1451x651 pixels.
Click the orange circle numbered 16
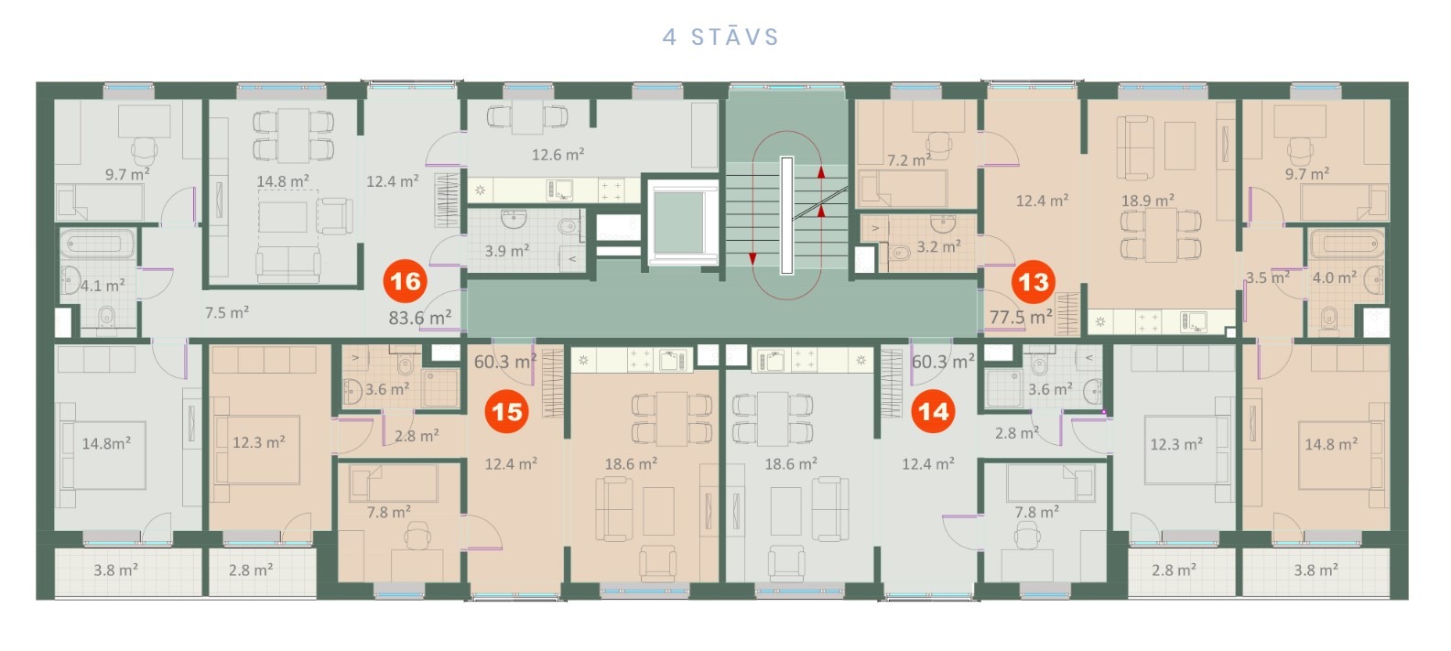tap(406, 282)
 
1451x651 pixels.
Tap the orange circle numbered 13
tap(1034, 282)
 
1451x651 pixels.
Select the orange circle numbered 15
tap(507, 412)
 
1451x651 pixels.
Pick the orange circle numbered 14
tap(934, 411)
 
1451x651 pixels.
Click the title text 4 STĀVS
tap(720, 37)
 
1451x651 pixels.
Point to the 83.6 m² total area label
tap(420, 318)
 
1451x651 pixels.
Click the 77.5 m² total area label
tap(1021, 317)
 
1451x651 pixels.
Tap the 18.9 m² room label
tap(1148, 201)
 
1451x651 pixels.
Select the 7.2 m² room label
tap(909, 160)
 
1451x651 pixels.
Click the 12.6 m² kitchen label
tap(558, 154)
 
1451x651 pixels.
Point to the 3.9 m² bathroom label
tap(507, 250)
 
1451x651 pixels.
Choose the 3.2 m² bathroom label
tap(938, 246)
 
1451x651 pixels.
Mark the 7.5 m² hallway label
tap(227, 312)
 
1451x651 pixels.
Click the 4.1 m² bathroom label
tap(103, 285)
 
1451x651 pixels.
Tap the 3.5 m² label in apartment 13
tap(1268, 277)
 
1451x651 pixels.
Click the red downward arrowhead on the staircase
tap(753, 258)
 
